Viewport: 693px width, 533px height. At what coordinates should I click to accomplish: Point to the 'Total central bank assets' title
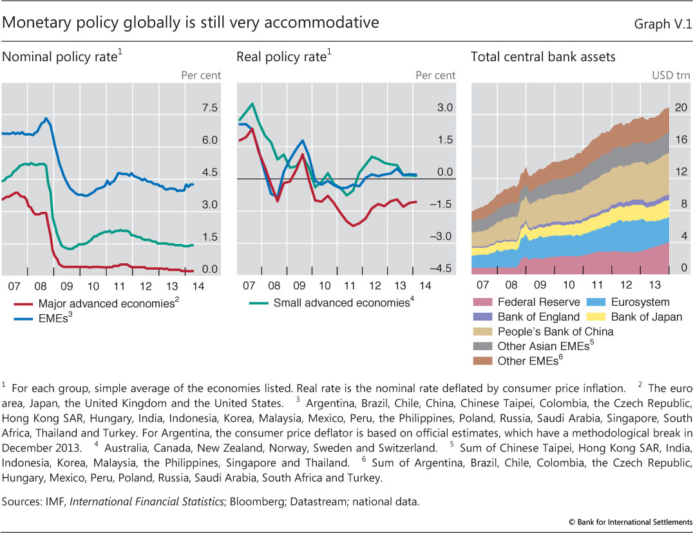coord(543,57)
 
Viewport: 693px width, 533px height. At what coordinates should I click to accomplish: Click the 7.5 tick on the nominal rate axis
coord(210,108)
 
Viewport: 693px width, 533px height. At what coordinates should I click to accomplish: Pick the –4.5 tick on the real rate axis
coord(443,269)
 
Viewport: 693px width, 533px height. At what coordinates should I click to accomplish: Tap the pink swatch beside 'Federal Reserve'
coord(482,302)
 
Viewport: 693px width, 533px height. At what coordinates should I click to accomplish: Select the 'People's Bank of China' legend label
coord(555,332)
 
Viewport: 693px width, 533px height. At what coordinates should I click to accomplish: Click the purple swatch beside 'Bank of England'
coord(482,317)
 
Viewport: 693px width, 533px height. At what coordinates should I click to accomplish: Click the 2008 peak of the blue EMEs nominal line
coord(46,118)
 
